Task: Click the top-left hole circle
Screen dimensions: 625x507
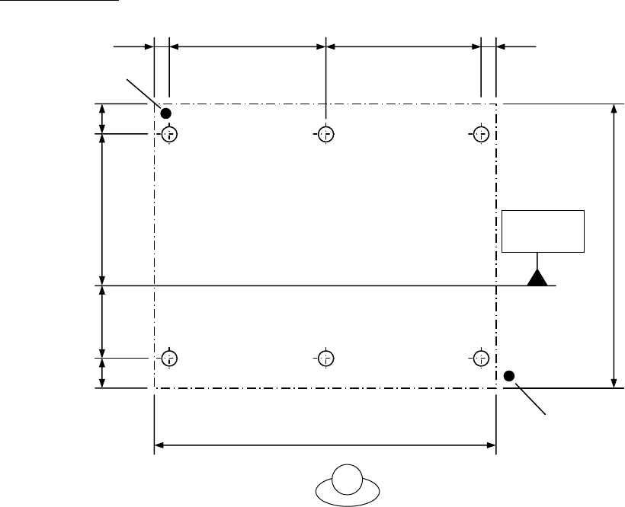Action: [169, 134]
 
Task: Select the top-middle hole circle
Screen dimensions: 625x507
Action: [325, 134]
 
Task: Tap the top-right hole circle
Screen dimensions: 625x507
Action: [480, 134]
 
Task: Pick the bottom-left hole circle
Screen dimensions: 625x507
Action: [169, 357]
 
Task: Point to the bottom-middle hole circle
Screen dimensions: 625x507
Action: [325, 357]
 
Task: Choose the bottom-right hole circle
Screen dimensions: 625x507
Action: [480, 357]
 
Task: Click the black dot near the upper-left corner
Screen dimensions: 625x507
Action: [165, 113]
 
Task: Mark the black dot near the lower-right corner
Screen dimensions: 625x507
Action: [509, 375]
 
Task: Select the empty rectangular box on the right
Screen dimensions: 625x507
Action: [543, 231]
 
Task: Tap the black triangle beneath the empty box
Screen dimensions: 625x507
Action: [538, 278]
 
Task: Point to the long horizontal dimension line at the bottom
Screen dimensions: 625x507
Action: [325, 444]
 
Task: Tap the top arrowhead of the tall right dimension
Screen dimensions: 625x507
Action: [614, 110]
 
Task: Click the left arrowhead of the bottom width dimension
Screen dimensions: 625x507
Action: [161, 444]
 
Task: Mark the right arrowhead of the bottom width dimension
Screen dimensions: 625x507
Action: [490, 444]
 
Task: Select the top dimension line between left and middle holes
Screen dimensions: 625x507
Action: [247, 46]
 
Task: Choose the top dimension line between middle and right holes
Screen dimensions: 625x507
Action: [403, 46]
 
